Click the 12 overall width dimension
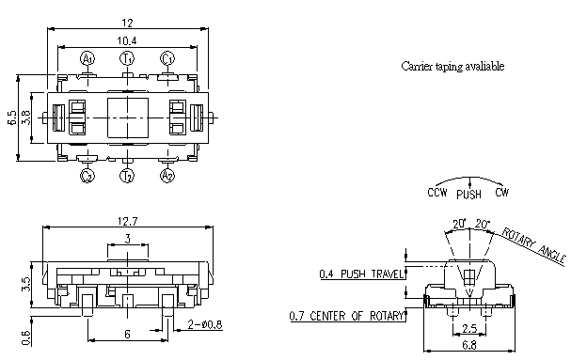(127, 22)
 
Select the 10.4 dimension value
(127, 40)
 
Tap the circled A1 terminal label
(88, 59)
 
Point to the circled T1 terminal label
(127, 59)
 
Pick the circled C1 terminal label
(167, 59)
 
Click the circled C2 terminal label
(87, 175)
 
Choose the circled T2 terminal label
(127, 175)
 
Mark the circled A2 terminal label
(167, 175)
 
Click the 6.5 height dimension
(11, 117)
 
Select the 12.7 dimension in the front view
(128, 222)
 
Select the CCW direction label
(437, 193)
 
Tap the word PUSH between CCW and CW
(469, 195)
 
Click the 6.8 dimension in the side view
(468, 346)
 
